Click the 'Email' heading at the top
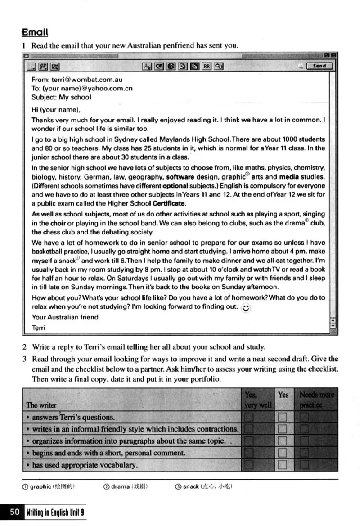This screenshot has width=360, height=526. [35, 32]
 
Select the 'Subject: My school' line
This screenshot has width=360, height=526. [61, 97]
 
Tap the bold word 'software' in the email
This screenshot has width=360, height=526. [180, 177]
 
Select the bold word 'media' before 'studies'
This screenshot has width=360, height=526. [289, 177]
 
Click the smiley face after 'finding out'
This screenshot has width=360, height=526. [246, 308]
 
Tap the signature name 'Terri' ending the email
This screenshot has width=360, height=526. [38, 328]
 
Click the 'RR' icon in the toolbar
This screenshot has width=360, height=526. [206, 66]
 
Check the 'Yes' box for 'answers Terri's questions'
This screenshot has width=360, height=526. [283, 417]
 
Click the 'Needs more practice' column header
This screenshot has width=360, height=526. [317, 400]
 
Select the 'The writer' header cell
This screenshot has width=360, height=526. [41, 405]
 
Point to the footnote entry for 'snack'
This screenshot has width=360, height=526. [203, 486]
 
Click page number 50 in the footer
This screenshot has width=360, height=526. [15, 512]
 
